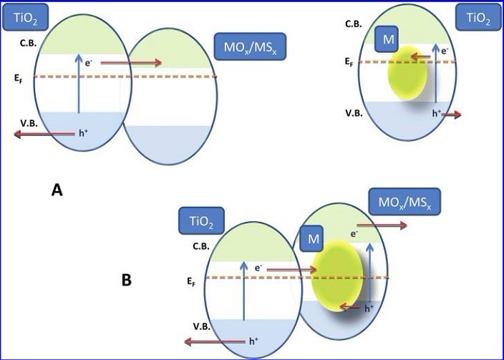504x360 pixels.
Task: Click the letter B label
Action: tap(126, 280)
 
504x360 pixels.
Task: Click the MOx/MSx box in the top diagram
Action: tap(250, 47)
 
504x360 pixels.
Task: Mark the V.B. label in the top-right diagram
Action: tap(354, 113)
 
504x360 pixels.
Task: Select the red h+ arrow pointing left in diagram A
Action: tap(44, 133)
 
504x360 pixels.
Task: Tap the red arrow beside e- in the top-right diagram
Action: tap(422, 54)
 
